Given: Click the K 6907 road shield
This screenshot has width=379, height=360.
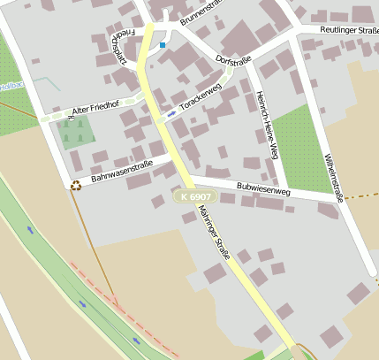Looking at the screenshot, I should tap(195, 196).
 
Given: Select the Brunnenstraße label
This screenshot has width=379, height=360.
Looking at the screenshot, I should tap(202, 13).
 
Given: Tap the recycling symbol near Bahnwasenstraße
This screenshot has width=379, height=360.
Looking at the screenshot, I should tap(75, 186).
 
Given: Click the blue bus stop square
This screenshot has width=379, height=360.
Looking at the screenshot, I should tap(163, 43).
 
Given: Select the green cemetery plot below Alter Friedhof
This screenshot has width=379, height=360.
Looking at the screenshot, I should tap(76, 133).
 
